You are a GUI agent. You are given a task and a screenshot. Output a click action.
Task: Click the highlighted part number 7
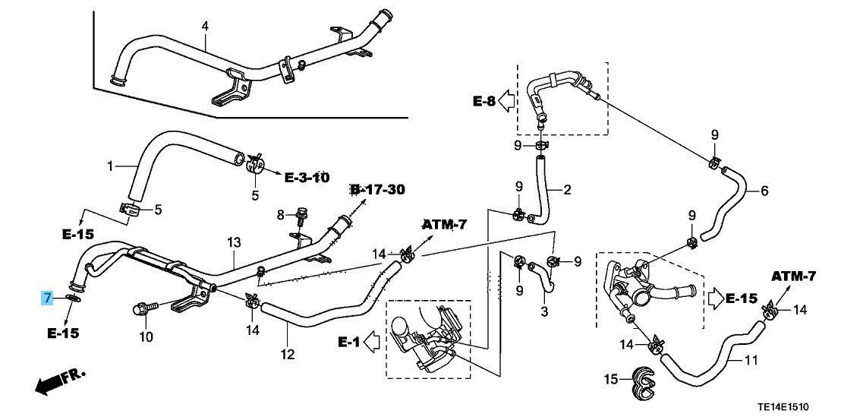47,297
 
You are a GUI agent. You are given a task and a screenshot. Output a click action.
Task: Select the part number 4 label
204,27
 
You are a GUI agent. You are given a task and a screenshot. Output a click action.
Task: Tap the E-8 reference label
486,101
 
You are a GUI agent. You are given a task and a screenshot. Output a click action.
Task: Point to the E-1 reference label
349,343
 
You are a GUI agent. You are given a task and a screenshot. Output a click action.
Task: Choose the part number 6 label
764,191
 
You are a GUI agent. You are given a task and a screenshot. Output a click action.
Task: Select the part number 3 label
543,312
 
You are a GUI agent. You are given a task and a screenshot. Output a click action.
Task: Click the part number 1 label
110,166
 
